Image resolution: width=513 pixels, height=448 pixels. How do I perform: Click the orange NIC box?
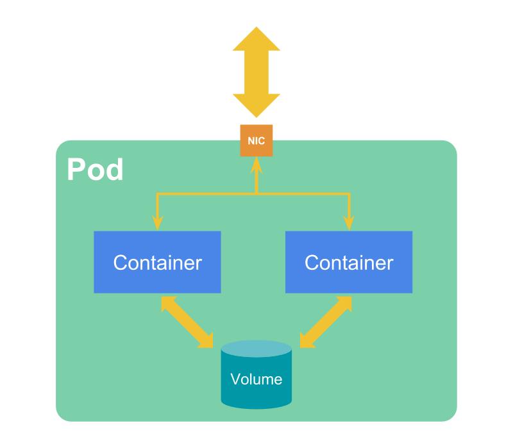coord(256,141)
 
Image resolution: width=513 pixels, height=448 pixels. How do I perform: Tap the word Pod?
coord(95,170)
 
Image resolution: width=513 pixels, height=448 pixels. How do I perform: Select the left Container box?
coord(157,261)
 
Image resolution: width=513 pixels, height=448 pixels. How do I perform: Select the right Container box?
coord(348,261)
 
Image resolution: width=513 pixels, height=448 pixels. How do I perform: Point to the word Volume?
coord(256,379)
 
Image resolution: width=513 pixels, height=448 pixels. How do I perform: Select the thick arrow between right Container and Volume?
coord(326,322)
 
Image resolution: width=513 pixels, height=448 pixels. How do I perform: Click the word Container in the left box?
coord(157,262)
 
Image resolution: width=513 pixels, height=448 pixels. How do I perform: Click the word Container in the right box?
coord(348,262)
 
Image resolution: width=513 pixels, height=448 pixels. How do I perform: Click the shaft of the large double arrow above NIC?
coord(256,72)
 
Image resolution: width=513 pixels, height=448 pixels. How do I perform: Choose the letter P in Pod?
coord(76,170)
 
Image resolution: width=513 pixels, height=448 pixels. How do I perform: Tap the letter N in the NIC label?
coord(250,141)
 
